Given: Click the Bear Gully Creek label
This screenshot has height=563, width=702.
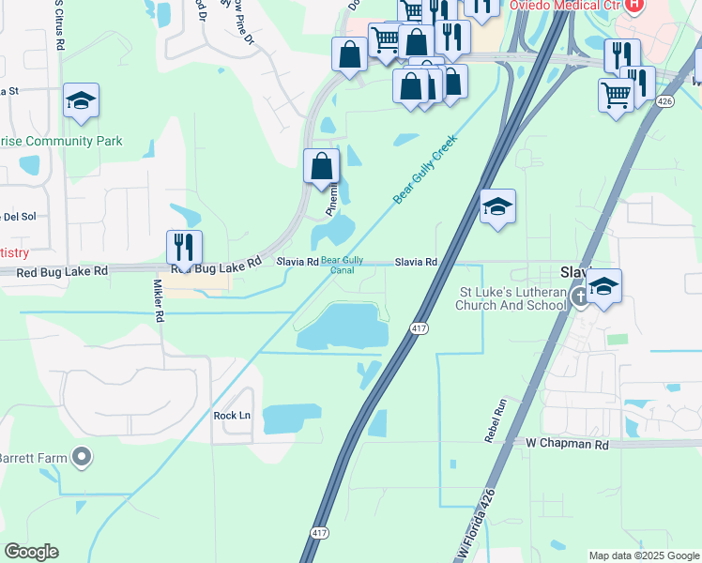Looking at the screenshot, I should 424,169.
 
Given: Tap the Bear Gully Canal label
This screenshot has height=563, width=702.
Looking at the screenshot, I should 343,265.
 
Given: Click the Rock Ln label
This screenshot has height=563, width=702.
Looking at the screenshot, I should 232,415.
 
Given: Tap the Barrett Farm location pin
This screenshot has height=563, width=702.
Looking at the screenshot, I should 82,458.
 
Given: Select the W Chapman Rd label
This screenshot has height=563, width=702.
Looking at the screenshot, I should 568,443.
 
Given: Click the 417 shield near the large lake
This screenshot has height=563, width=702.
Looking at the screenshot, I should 419,327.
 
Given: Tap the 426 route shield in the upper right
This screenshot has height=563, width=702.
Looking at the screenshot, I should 664,100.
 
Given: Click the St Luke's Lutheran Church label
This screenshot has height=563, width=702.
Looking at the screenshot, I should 511,298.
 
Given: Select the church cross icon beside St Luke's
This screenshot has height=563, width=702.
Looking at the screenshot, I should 580,298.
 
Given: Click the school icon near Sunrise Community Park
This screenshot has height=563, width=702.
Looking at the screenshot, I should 81,100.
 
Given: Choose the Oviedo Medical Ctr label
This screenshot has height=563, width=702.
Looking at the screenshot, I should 566,6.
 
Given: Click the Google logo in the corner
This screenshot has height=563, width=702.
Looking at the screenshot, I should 31,552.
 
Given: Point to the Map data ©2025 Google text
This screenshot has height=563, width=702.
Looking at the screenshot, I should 644,555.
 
